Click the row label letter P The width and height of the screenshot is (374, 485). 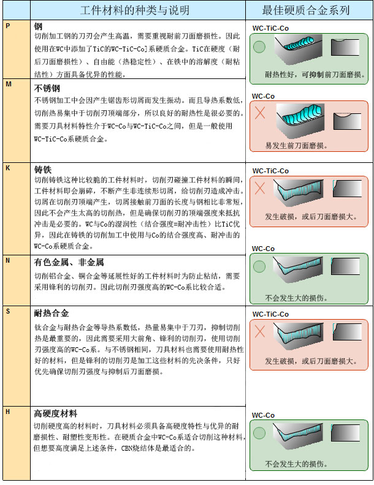[x=8, y=26]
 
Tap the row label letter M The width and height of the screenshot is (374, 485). [x=9, y=84]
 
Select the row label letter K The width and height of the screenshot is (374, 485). [x=8, y=168]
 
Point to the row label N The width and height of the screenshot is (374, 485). [x=8, y=260]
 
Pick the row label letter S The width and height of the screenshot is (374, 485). [x=8, y=311]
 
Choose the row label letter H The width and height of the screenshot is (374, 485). [x=8, y=412]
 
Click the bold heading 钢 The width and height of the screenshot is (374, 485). [x=38, y=26]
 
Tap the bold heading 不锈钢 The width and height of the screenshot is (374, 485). [x=47, y=88]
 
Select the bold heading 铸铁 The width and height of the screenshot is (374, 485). [x=43, y=170]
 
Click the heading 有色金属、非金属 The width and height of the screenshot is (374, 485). [x=69, y=262]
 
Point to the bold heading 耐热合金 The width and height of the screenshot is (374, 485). [x=52, y=313]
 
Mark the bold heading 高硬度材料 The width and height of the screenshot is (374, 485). [x=55, y=413]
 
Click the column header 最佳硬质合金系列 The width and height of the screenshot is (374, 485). [x=306, y=10]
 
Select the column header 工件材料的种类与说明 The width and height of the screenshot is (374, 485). [x=135, y=10]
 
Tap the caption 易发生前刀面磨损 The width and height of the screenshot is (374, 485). [x=296, y=145]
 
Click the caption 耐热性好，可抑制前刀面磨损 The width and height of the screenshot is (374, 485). [x=315, y=75]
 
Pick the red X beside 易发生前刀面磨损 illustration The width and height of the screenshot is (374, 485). [x=260, y=112]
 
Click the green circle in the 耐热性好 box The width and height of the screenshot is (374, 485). [x=259, y=47]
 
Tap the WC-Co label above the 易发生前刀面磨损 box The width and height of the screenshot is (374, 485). [x=263, y=96]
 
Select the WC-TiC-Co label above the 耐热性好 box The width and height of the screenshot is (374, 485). [x=270, y=28]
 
